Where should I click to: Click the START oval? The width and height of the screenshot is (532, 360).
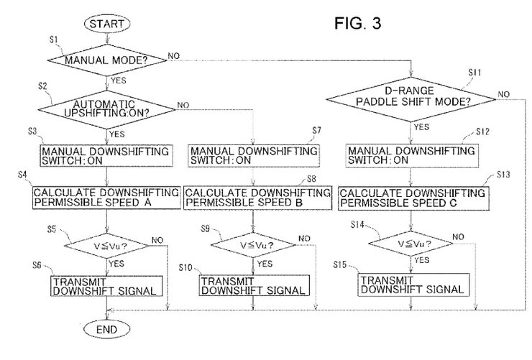107,24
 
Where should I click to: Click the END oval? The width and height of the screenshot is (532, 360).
107,329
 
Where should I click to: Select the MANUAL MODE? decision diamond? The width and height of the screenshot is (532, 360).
107,60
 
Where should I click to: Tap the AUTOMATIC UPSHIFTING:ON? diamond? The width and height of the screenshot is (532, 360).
107,109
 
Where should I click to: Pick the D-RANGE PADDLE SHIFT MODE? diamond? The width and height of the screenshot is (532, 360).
411,99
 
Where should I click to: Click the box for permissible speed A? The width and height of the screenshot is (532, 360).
106,198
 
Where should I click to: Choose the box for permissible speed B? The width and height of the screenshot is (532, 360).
258,198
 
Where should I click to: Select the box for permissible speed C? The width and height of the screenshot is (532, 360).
413,198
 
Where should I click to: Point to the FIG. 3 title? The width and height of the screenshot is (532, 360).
357,23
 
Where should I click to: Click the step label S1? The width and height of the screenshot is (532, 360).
54,40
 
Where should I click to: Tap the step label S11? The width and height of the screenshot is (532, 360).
474,72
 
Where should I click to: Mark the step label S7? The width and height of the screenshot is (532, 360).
316,130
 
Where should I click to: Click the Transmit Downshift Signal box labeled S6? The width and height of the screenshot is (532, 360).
106,286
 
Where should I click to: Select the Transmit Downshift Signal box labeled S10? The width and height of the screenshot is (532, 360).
254,285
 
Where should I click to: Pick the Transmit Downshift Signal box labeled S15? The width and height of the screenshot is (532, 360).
413,284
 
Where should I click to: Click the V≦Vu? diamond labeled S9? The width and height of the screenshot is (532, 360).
254,245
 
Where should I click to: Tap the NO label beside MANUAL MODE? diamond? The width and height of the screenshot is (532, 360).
174,55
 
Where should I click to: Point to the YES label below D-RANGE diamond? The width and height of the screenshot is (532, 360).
421,126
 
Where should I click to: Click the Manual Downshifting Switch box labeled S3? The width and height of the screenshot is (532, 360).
106,156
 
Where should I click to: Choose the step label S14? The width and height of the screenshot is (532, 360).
357,224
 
